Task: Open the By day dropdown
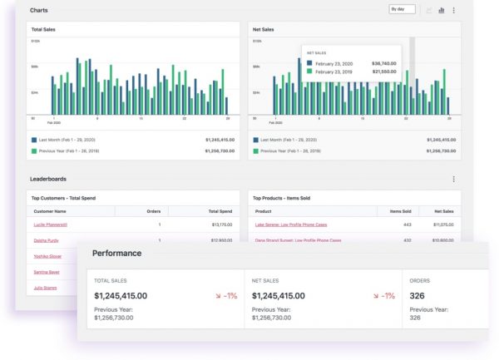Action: (403, 9)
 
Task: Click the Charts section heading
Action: (39, 10)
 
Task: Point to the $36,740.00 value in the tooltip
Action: (383, 62)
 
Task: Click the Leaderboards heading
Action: (48, 179)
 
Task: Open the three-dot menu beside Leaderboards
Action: (453, 179)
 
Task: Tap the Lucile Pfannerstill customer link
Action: (51, 224)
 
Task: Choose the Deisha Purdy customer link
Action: (46, 240)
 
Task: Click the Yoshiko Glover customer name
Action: (47, 256)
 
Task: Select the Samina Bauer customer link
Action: (47, 272)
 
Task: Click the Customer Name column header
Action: (51, 211)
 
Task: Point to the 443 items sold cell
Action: (407, 224)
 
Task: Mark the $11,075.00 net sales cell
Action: (442, 224)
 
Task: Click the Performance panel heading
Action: (116, 253)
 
